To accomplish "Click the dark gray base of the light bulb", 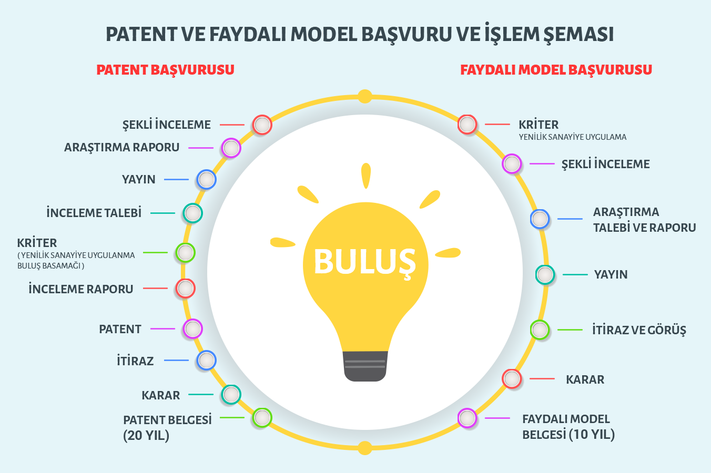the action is pos(365,366).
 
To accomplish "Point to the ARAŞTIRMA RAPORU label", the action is pos(122,148).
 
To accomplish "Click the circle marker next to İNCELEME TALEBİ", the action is pos(192,213).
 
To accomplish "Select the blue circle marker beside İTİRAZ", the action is pos(206,361).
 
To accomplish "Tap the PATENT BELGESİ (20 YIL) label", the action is pos(167,428).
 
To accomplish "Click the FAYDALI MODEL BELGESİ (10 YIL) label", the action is pos(568,427).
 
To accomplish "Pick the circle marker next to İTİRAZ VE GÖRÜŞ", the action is pos(540,330).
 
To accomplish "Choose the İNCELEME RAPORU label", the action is pos(81,289).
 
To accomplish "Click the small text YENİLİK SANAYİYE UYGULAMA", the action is pos(573,137).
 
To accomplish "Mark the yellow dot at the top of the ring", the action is pos(365,97).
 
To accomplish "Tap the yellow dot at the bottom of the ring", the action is pos(365,448).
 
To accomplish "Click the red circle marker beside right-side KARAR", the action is pos(512,379).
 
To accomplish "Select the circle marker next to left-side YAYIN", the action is pos(206,180).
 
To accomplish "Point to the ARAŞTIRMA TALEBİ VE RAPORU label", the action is pos(644,220).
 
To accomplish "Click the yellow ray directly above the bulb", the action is pos(366,176).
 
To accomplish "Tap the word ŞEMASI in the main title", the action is pos(578,35).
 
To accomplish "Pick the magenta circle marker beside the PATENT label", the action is pos(192,328).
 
